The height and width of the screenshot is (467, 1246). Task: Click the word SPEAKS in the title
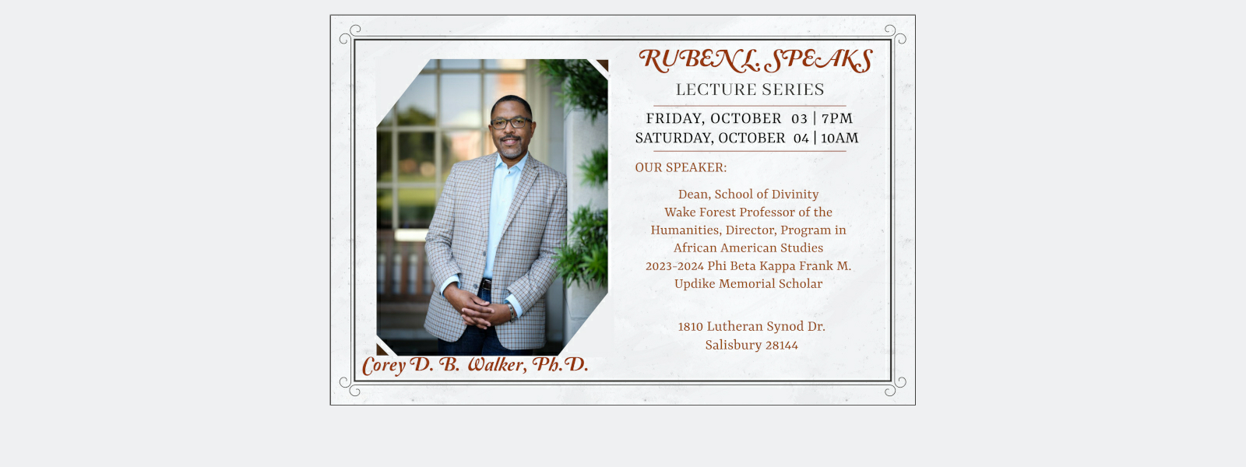point(818,61)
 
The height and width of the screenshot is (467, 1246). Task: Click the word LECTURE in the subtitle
point(714,90)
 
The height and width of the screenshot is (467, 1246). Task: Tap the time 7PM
point(837,118)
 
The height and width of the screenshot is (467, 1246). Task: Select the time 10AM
point(840,138)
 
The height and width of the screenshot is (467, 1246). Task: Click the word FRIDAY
point(675,119)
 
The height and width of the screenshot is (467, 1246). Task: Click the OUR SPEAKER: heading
point(681,167)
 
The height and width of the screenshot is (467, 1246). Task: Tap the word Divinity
point(795,195)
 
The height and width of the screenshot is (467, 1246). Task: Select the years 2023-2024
point(674,266)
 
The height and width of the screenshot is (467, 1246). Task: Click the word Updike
point(695,283)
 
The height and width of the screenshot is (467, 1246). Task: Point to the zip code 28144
point(782,346)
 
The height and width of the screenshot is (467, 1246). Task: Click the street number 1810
point(690,327)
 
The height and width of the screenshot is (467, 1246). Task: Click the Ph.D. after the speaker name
point(560,364)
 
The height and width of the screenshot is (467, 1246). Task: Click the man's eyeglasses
point(511,123)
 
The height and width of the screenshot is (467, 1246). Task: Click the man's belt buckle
point(487,284)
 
